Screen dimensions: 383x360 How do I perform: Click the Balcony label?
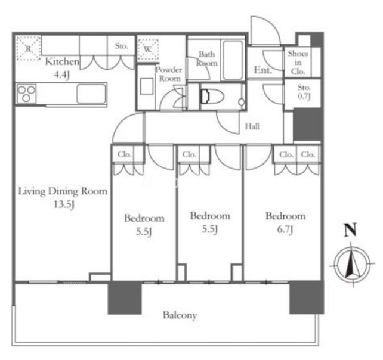(180, 315)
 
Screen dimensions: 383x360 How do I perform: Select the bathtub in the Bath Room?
(232, 60)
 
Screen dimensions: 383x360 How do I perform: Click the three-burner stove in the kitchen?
(26, 94)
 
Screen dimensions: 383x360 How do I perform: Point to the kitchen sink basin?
(91, 94)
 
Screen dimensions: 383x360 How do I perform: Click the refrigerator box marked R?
(29, 48)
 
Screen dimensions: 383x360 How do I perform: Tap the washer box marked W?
(148, 49)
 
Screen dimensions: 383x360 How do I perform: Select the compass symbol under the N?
(352, 265)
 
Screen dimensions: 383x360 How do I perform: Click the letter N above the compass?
(350, 230)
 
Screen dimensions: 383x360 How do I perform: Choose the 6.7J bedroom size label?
(285, 229)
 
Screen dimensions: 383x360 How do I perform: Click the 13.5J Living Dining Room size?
(64, 204)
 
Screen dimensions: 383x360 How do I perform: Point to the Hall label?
(252, 126)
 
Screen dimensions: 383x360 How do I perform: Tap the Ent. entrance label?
(263, 70)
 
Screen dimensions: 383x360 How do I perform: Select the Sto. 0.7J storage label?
(304, 92)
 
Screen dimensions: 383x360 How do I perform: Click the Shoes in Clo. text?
(298, 63)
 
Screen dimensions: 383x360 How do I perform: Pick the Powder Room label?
(169, 74)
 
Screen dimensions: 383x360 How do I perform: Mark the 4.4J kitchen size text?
(62, 75)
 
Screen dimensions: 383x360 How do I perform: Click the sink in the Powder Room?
(147, 86)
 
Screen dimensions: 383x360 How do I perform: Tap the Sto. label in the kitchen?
(121, 46)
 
